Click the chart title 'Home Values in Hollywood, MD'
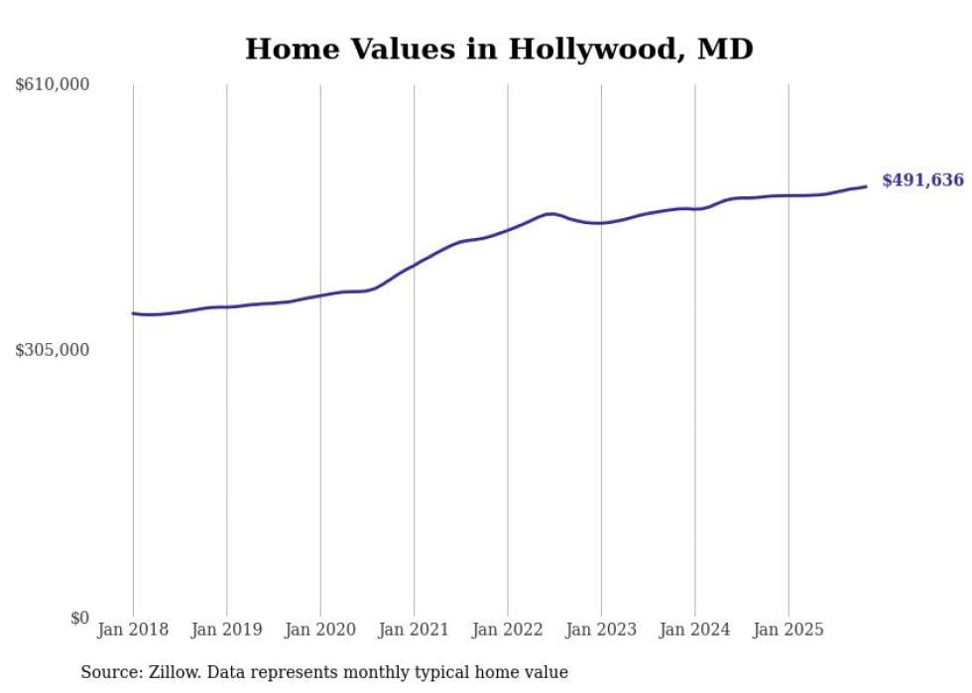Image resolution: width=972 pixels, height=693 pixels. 499,49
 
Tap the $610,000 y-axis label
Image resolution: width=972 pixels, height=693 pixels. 53,85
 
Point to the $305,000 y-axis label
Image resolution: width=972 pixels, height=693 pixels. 53,350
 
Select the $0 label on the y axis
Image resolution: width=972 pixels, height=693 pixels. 80,618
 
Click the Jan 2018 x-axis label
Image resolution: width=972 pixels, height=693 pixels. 133,630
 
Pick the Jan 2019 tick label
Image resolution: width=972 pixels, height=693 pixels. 227,630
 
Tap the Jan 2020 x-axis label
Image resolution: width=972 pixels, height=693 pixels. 320,630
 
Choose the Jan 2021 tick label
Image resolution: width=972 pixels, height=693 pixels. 415,630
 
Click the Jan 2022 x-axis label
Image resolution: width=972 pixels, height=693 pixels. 508,630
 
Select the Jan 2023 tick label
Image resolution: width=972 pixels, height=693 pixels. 601,630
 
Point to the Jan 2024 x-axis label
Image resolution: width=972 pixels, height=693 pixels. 695,630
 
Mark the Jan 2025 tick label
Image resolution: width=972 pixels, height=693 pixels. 789,630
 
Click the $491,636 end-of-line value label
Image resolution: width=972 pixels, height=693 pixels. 922,180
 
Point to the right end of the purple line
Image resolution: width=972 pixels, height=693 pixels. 866,186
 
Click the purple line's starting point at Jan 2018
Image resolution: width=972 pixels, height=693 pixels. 134,313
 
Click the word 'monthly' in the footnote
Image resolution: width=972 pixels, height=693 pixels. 372,672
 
